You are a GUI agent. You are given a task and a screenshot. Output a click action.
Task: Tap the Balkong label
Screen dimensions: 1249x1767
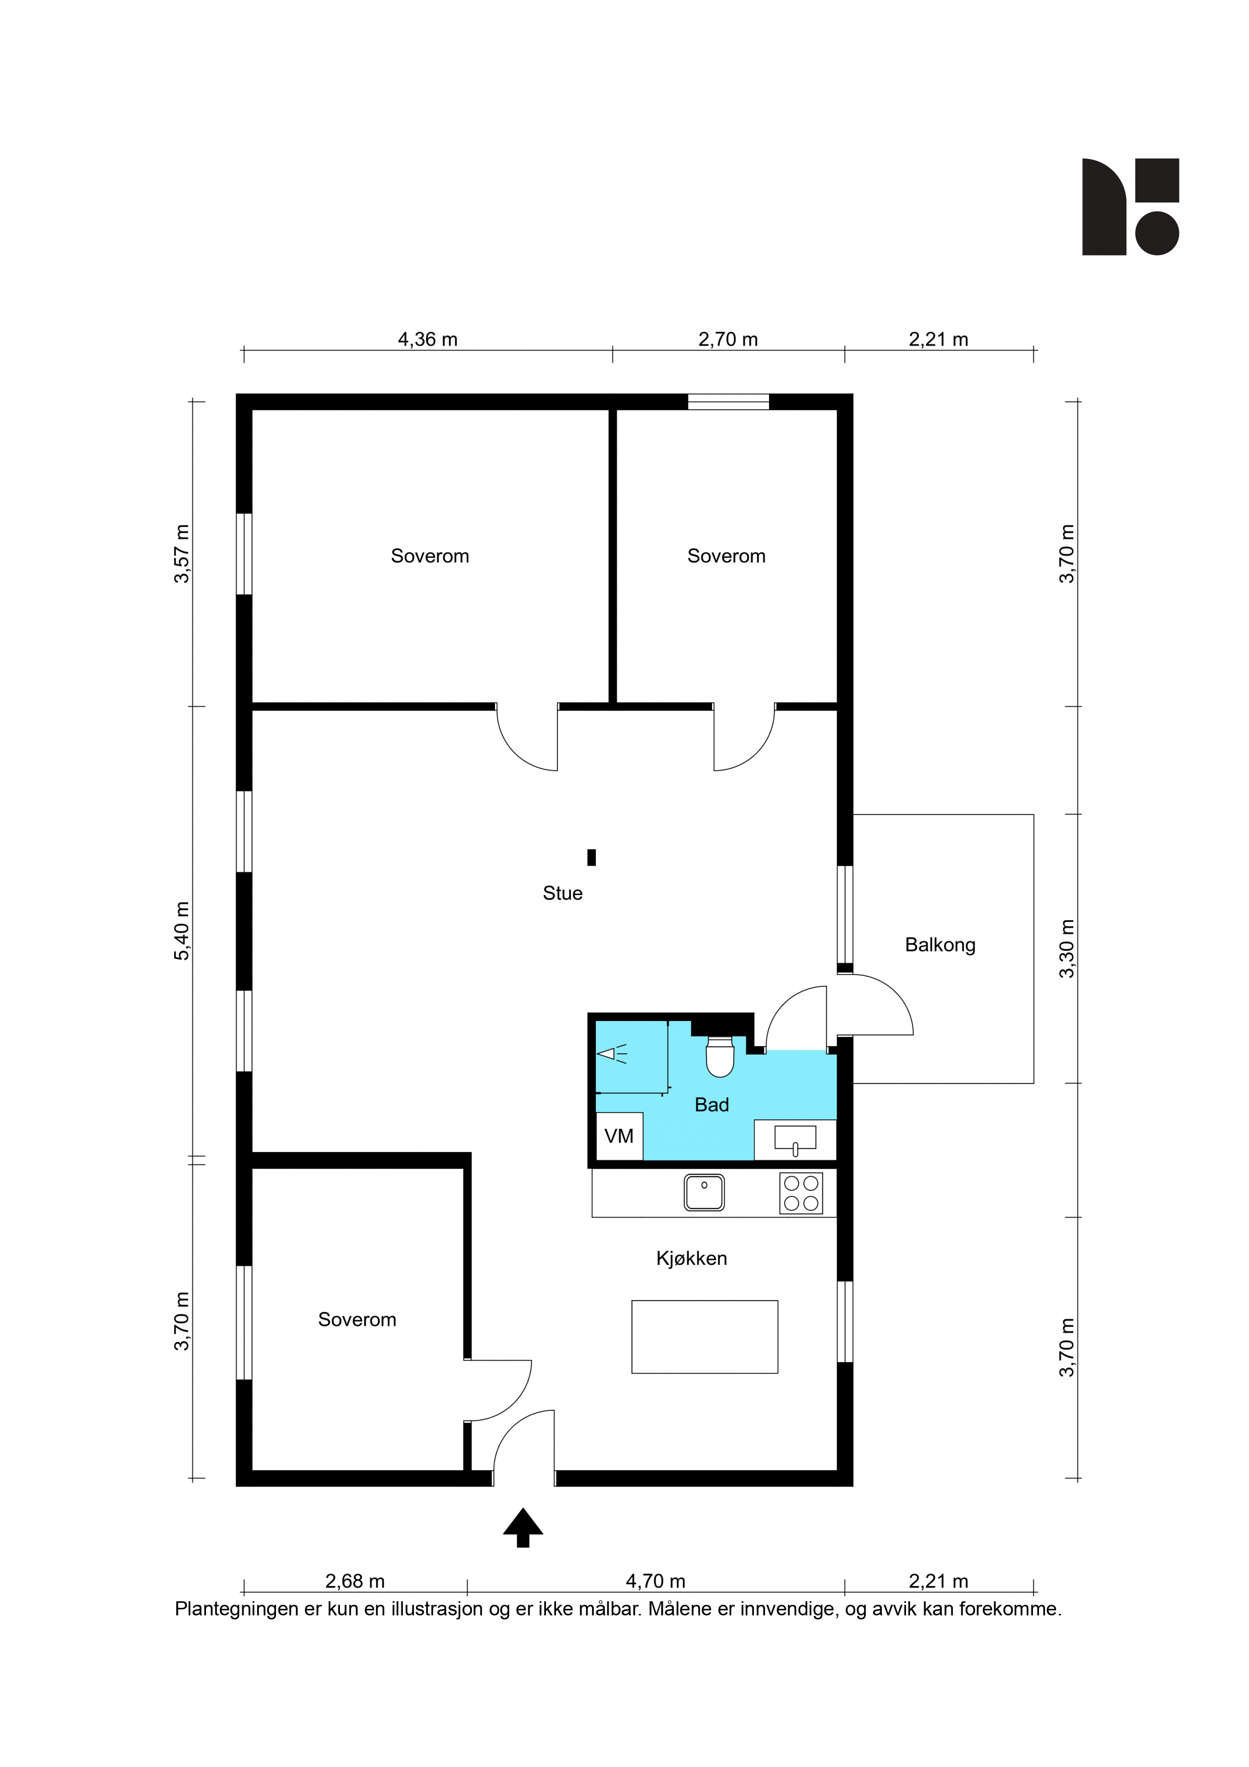940,945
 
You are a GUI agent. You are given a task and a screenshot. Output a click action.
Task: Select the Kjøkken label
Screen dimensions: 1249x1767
691,1258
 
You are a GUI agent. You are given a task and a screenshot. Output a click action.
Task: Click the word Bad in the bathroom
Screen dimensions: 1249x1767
711,1105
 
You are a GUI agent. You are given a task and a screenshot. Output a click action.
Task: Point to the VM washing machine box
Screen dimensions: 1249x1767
619,1136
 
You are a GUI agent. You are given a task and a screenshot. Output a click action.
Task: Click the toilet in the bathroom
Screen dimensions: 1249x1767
720,1057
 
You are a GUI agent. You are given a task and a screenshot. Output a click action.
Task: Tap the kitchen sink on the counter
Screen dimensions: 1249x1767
704,1192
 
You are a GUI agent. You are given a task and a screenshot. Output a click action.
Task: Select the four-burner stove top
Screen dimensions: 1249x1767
801,1193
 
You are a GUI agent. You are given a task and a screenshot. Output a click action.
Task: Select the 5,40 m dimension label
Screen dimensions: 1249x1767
182,931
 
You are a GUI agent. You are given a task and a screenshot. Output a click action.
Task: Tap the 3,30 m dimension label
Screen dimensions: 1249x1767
1067,949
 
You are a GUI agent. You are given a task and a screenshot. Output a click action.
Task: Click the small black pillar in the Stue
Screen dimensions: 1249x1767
591,857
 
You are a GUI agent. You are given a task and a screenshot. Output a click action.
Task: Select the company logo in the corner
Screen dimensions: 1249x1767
1131,207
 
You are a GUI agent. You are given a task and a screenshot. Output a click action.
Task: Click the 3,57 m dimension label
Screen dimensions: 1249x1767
182,554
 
